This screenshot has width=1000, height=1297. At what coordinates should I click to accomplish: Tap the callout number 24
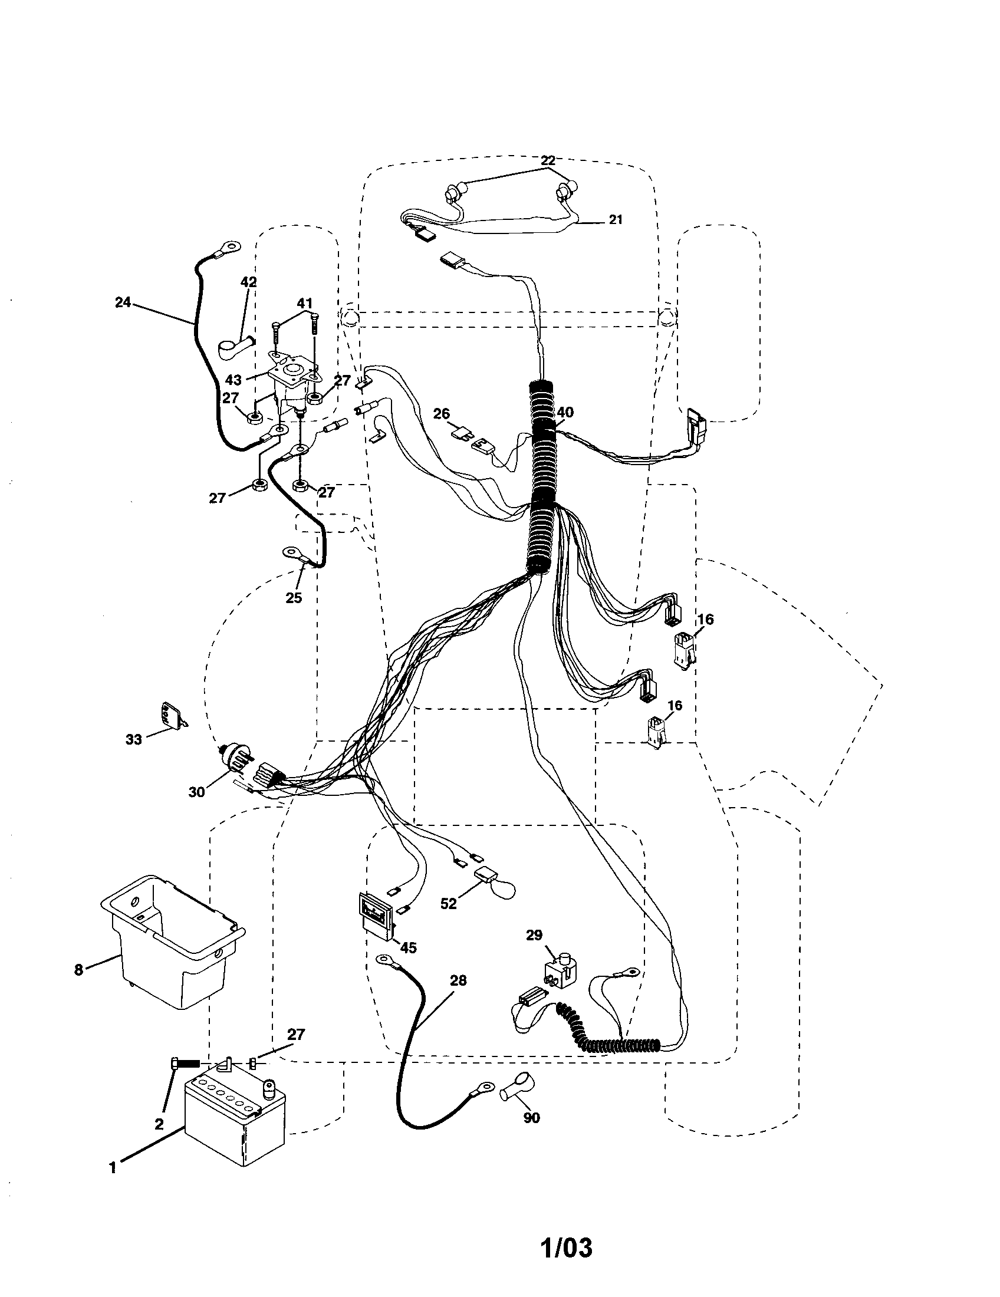(x=122, y=302)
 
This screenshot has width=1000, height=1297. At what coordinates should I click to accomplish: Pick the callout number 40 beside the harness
(x=565, y=412)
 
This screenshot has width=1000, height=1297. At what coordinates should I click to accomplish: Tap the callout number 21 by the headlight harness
(x=616, y=220)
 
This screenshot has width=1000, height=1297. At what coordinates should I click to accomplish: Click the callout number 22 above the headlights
(x=548, y=160)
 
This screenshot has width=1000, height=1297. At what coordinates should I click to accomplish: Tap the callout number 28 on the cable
(x=458, y=980)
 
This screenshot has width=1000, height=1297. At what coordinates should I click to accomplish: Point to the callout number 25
(x=294, y=598)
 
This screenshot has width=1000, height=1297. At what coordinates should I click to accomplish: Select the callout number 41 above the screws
(x=305, y=304)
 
